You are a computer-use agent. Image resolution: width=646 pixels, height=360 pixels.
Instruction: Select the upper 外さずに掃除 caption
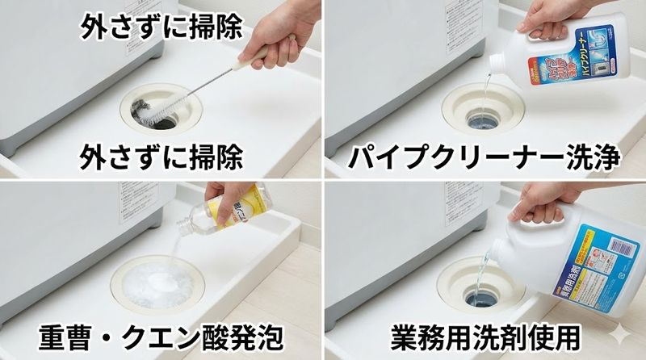[161, 27]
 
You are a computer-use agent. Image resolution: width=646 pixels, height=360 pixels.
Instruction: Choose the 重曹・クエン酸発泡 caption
[161, 335]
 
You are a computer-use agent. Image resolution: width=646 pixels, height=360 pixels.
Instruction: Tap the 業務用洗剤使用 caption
[484, 335]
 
